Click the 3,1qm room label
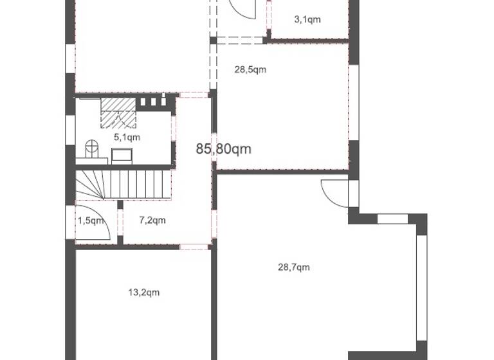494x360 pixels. pos(307,20)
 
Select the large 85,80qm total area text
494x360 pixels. pos(223,149)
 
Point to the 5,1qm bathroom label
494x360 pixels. pos(127,137)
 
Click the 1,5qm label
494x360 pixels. pos(91,221)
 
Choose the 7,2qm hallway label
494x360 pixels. pos(152,221)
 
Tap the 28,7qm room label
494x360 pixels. pos(293,267)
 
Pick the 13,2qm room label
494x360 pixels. pos(143,292)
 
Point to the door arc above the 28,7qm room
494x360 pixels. pos(333,193)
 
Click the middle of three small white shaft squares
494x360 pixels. pos(153,102)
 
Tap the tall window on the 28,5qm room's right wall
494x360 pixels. pos(353,103)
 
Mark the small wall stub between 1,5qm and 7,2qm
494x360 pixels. pos(120,222)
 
